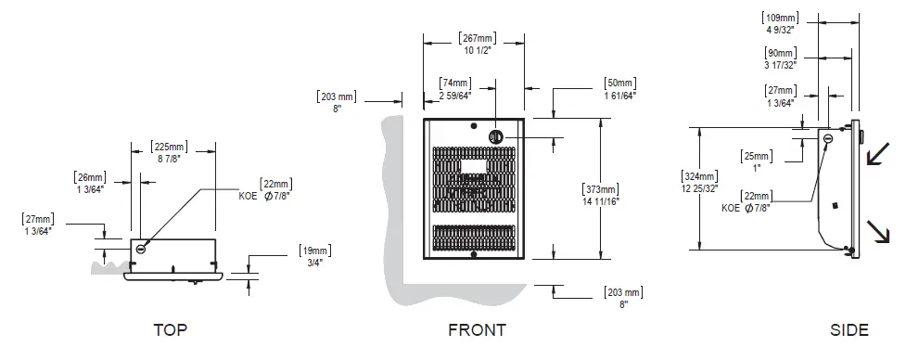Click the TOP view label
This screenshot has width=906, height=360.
click(x=176, y=329)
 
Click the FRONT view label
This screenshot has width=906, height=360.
click(x=477, y=329)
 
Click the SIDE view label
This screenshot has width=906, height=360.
click(x=849, y=329)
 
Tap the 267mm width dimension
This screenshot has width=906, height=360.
click(x=476, y=38)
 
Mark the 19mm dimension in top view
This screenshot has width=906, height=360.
click(x=313, y=251)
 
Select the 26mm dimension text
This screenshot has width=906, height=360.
click(x=90, y=177)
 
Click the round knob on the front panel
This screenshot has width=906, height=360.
click(x=496, y=135)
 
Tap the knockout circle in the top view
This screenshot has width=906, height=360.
click(x=141, y=248)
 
